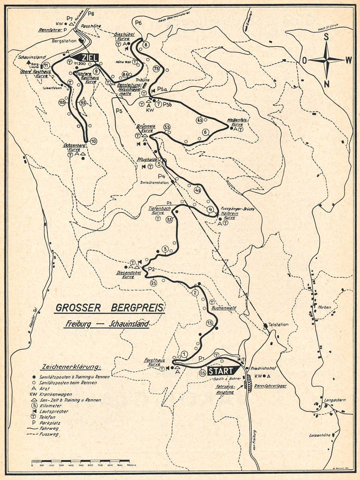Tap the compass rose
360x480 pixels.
coord(326,60)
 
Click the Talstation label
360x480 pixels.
coord(278,324)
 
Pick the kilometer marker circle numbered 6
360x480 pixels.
coord(205,132)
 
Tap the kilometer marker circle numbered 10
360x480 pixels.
coord(93,141)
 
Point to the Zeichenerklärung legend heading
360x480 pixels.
coord(71,366)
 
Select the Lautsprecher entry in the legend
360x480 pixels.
coord(60,411)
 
